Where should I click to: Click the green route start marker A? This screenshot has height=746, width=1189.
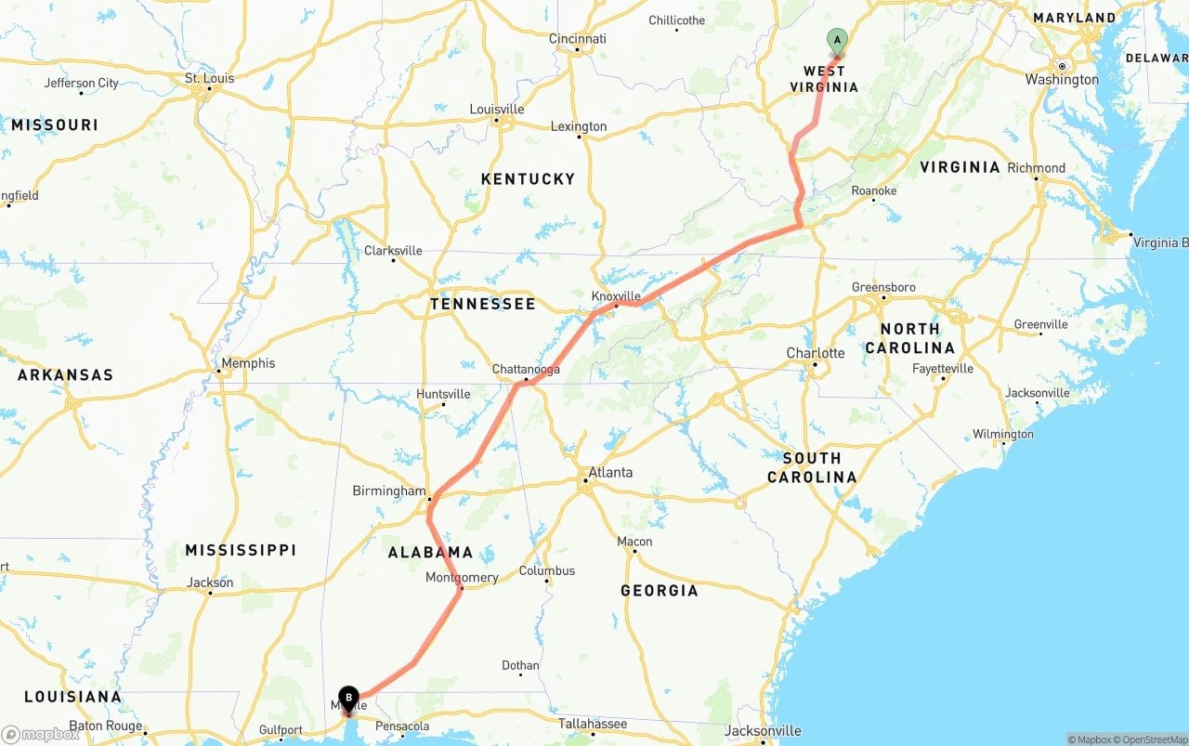point(837,40)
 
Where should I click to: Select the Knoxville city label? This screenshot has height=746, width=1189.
point(617,295)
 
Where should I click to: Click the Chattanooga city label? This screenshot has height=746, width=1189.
point(526,369)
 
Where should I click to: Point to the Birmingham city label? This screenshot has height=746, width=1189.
point(388,491)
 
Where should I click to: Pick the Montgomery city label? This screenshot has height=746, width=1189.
point(462,577)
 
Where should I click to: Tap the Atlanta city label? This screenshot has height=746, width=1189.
point(610,472)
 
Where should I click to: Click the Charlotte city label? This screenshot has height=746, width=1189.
point(816,353)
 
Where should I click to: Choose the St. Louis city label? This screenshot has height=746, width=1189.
point(210,78)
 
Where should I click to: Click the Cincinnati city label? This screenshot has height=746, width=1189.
point(577,39)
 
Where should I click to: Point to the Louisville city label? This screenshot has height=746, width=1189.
point(497,109)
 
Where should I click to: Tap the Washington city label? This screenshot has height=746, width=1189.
point(1062,80)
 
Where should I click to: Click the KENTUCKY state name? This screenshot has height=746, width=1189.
point(528,178)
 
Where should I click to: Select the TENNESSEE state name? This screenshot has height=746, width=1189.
point(483,304)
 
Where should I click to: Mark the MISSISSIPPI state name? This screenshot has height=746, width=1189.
point(241,550)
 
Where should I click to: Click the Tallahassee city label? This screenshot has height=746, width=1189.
point(593,724)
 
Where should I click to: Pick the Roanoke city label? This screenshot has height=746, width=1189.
point(874,190)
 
